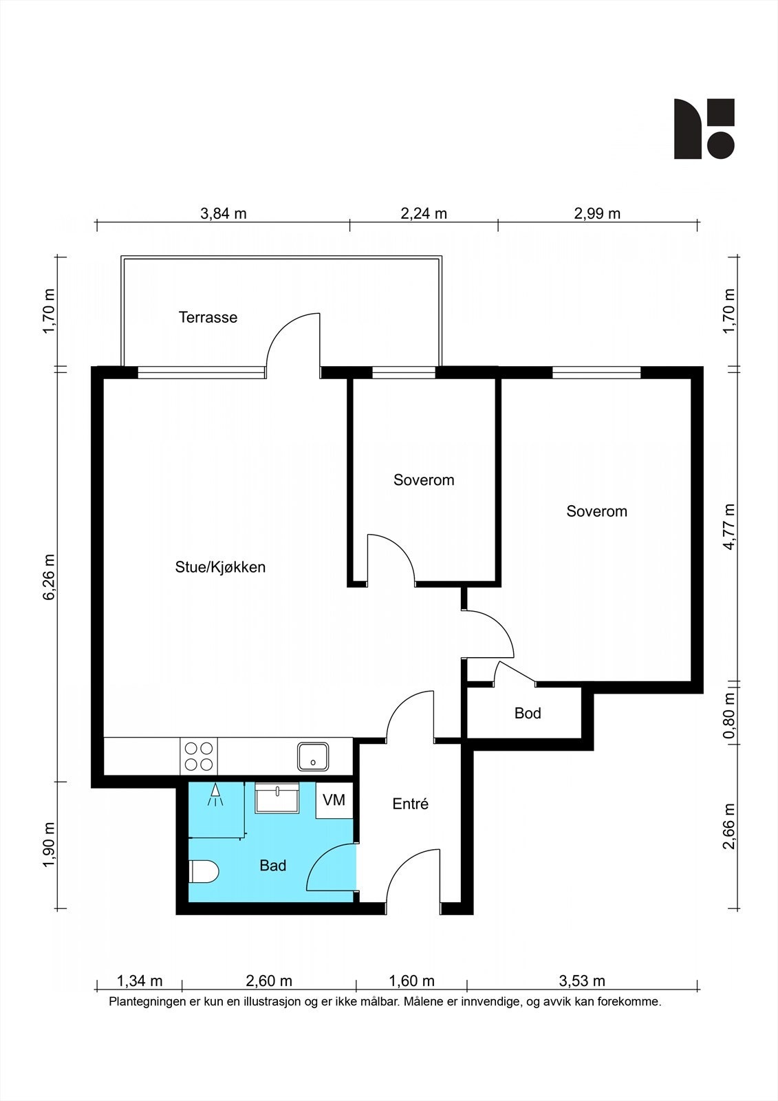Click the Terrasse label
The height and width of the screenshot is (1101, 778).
pos(208,317)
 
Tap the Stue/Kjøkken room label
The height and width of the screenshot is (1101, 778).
pos(220,567)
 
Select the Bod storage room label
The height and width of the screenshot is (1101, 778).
pos(528,713)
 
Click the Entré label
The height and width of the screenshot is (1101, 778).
pos(411,804)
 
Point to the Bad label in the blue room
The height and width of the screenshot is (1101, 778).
pos(273,866)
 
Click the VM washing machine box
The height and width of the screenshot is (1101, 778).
pos(334,800)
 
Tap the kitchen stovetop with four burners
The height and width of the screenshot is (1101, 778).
pos(199,756)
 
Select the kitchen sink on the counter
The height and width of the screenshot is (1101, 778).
pos(313,756)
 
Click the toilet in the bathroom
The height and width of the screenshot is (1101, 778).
pos(203,871)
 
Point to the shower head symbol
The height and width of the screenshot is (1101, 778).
pos(215,795)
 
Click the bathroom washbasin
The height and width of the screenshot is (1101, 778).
pos(277,798)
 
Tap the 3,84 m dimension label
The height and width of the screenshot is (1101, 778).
pos(223,214)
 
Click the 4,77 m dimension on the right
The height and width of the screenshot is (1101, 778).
pos(729,526)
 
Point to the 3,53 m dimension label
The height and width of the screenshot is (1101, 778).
pos(582,981)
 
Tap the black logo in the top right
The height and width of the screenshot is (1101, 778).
pos(704,129)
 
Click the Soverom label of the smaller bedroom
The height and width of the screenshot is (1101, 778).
pos(424,480)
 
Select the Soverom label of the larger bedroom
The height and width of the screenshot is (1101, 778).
pos(596,511)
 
